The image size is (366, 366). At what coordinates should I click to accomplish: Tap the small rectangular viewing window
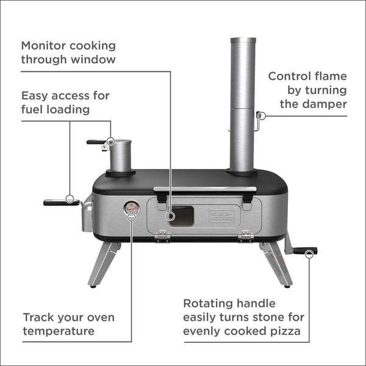coord(181,215)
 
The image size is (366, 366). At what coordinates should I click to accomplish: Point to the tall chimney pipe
coord(242,104)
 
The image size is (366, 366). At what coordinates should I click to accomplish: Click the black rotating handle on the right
coord(305,250)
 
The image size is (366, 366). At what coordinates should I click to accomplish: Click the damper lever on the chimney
coord(260,119)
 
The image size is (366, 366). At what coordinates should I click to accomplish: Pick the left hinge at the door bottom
coord(162,236)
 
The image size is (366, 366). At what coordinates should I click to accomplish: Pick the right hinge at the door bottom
coord(246,236)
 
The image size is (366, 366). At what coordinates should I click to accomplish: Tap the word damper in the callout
coord(323,104)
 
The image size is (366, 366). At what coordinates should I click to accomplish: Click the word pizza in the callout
coord(284,331)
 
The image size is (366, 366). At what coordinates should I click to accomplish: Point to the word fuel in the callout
coord(32,110)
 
